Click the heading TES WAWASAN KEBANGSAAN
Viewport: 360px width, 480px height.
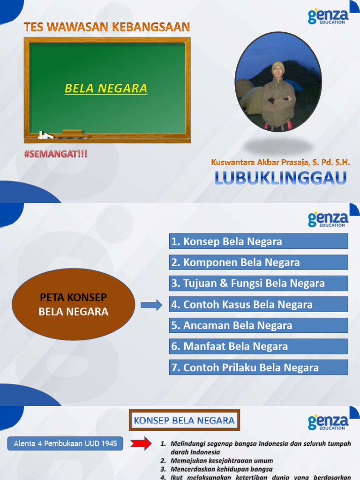[107, 27]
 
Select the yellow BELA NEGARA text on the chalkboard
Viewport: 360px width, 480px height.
[106, 88]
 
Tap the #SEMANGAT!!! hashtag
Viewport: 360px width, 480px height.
[56, 153]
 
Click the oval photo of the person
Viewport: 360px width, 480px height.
[278, 82]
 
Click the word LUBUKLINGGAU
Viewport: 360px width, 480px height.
[281, 178]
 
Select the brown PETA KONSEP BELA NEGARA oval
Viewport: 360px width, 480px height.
[73, 304]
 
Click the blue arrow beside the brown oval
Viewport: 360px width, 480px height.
[151, 306]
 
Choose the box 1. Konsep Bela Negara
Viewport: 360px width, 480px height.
[258, 241]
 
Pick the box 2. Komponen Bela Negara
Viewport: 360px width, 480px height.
[258, 262]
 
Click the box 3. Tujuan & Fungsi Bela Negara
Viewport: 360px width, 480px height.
[258, 283]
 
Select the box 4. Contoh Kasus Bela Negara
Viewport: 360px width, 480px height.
[258, 304]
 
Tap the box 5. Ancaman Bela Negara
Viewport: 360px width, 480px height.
[258, 325]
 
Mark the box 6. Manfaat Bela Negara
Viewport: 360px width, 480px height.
[258, 346]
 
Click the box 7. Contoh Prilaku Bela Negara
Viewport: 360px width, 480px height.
[258, 367]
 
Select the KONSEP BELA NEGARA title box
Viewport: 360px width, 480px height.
[184, 420]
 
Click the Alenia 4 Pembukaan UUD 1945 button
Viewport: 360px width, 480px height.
[65, 443]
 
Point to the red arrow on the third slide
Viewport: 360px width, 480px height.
[141, 443]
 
